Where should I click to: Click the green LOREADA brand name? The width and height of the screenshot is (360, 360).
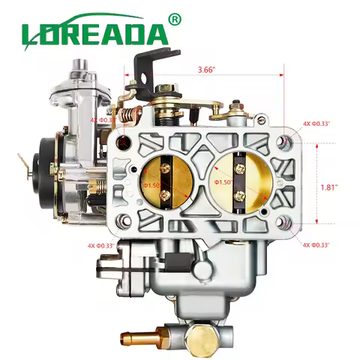coord(94,33)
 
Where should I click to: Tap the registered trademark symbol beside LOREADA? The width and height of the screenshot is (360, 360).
coord(175,17)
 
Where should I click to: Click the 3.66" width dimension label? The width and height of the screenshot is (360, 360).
coord(208,70)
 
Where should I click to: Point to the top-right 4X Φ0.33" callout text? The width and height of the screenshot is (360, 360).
coord(316,124)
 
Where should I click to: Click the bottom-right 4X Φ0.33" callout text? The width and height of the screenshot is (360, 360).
coord(316,245)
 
